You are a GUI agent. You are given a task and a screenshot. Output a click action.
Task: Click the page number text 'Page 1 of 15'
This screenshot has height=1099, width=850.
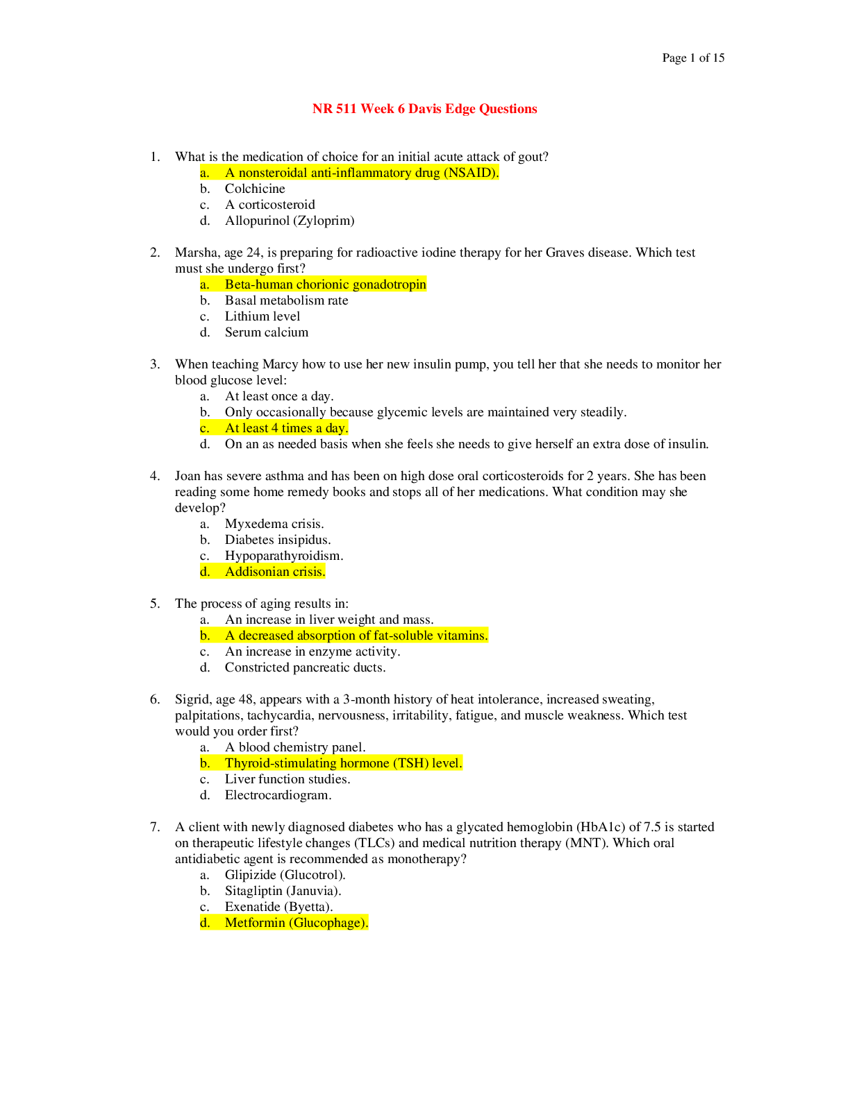(692, 58)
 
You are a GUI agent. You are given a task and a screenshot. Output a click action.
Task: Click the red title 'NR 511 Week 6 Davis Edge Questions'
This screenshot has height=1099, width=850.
(424, 109)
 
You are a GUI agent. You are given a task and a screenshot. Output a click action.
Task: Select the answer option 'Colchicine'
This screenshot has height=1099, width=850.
(254, 189)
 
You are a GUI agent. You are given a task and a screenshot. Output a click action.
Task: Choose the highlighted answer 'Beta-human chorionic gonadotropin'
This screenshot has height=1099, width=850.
(325, 284)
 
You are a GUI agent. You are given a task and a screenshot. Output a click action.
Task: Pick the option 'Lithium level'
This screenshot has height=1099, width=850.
(262, 316)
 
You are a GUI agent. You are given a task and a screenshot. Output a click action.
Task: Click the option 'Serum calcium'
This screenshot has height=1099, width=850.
(266, 332)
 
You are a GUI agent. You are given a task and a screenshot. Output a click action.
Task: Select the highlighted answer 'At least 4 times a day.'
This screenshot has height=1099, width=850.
(286, 428)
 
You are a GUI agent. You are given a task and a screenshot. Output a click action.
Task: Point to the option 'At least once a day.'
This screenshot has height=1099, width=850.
(278, 396)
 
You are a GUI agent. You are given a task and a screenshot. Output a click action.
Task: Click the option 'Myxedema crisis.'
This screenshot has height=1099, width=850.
(274, 524)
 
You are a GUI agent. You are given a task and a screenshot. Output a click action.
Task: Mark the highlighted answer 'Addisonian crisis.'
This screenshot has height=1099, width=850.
(274, 572)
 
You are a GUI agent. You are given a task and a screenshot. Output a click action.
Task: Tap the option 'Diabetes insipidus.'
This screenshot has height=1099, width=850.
(277, 540)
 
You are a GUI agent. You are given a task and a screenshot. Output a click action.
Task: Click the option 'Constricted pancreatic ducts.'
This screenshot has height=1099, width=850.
(305, 667)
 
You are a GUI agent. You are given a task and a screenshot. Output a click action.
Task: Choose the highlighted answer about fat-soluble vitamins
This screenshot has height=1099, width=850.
(356, 636)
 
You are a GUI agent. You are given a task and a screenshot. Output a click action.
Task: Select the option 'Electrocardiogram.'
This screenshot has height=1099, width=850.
(278, 795)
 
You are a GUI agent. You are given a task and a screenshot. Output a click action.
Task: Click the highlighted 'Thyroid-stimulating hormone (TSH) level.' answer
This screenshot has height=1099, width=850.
(343, 763)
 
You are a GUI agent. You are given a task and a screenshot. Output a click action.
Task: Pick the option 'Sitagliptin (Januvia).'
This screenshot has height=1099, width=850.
(283, 891)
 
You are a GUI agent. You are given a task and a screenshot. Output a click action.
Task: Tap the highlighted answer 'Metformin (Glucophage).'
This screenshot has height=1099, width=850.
(296, 923)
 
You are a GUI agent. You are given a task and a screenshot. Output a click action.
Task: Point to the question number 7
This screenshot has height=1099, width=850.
(154, 827)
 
